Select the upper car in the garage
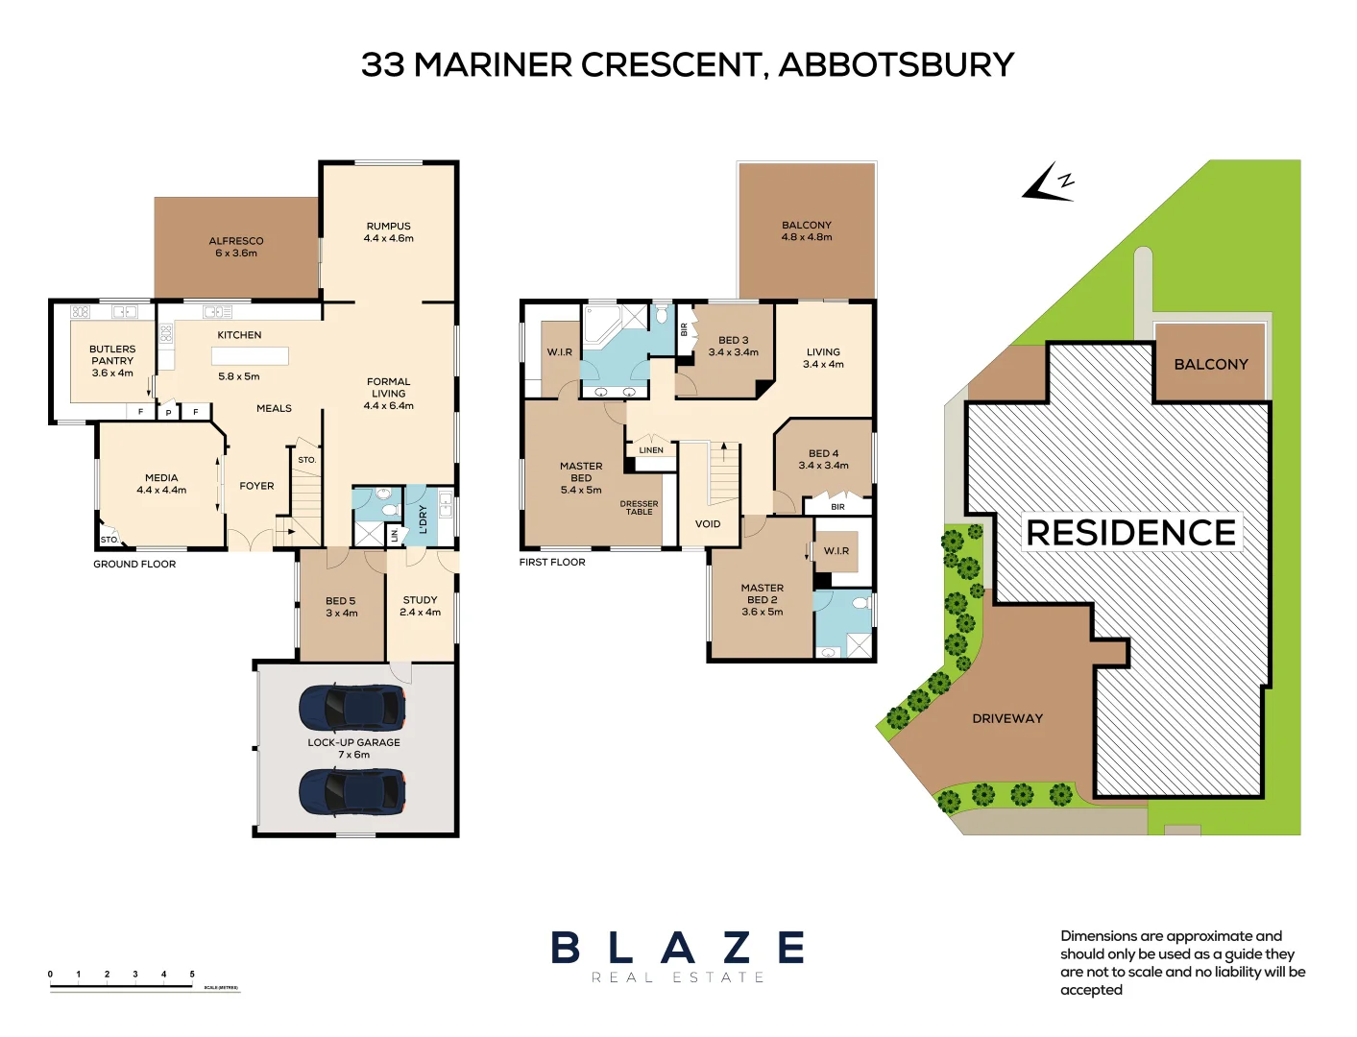tap(352, 709)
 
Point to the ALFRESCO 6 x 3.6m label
tap(236, 247)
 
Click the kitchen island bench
tap(250, 356)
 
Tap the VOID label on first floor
tap(708, 524)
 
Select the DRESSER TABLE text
tap(639, 508)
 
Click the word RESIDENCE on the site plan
tap(1130, 533)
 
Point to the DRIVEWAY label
tap(1006, 718)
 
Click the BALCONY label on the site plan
tap(1210, 365)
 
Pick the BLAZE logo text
tap(677, 948)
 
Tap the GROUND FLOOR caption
tap(134, 565)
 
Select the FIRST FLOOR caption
tap(552, 563)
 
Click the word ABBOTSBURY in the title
tap(895, 65)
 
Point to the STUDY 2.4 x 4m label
tap(420, 606)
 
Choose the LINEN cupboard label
tap(651, 450)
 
